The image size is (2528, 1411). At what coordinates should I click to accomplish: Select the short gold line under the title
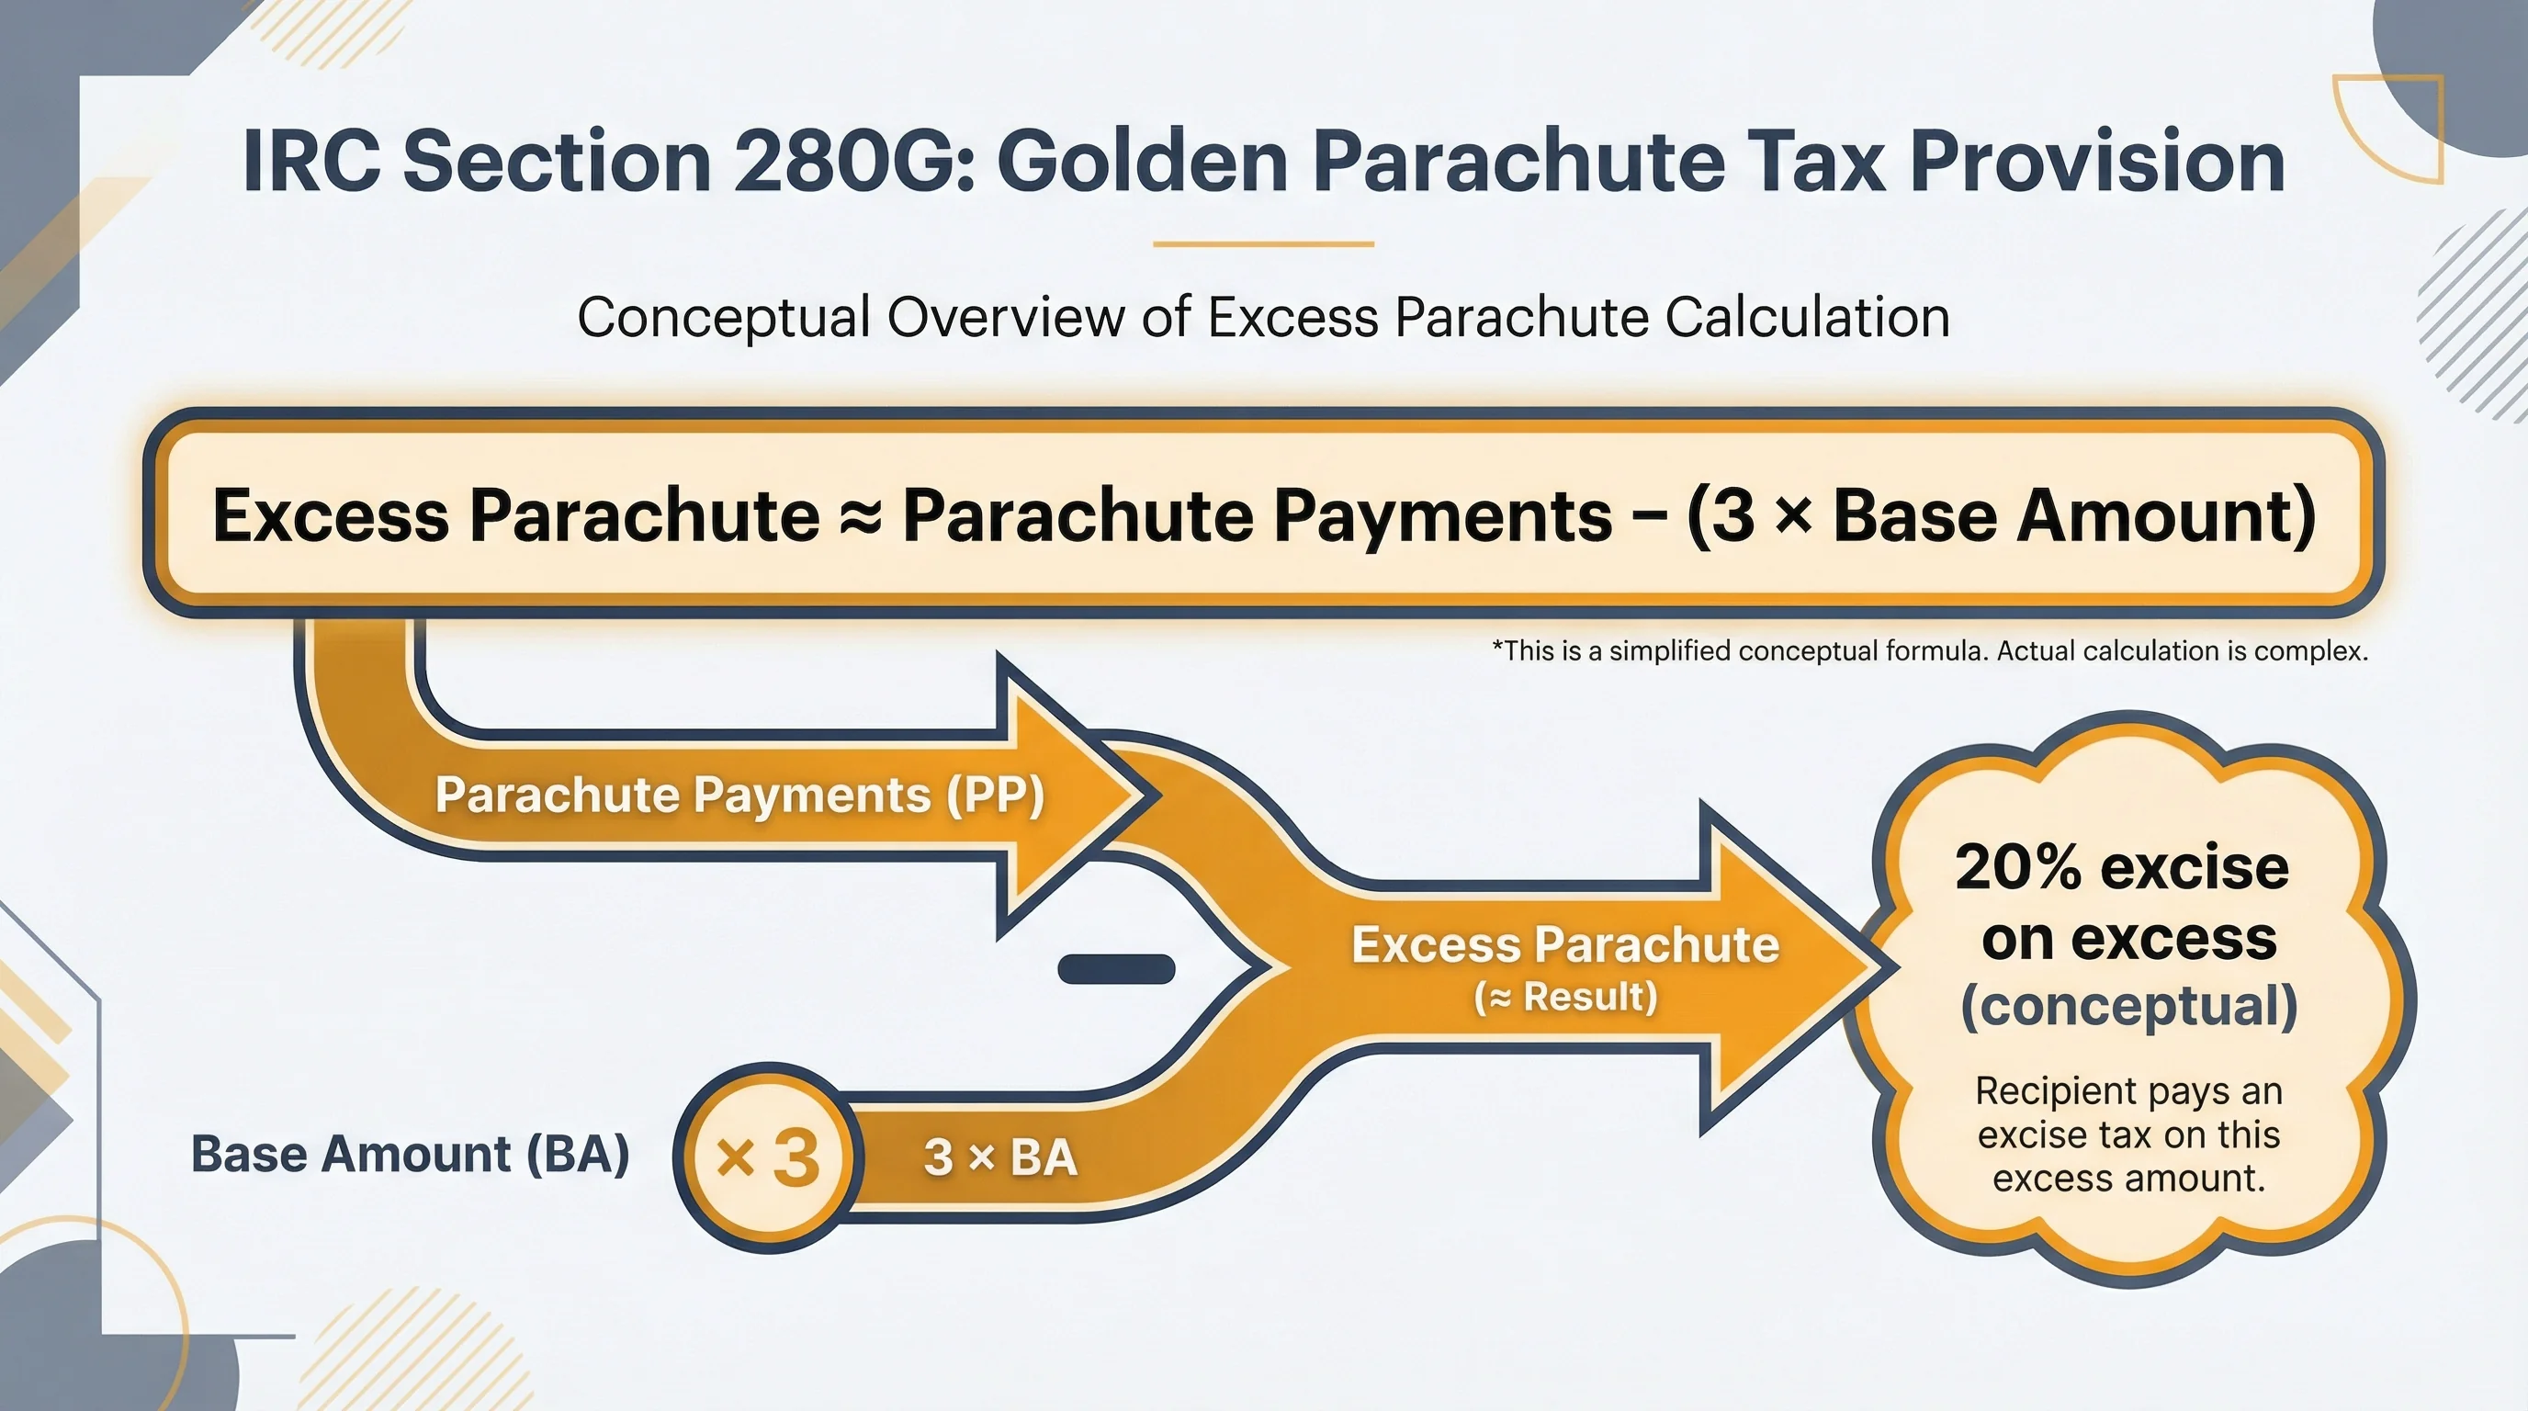1263,243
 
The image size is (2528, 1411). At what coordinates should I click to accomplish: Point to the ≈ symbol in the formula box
861,516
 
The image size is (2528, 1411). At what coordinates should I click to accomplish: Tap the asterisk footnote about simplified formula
1929,651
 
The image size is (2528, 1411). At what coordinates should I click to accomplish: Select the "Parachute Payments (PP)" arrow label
739,795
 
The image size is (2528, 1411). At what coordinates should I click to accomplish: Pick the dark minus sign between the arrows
1116,968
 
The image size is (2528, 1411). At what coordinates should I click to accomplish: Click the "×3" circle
767,1157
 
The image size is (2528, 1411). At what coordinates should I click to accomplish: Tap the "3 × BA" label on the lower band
1000,1157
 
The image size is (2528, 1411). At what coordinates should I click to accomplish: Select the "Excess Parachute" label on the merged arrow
1565,945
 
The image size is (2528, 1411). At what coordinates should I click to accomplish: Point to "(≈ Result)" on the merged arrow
1565,998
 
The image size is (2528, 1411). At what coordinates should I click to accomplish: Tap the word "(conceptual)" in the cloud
2128,1007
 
